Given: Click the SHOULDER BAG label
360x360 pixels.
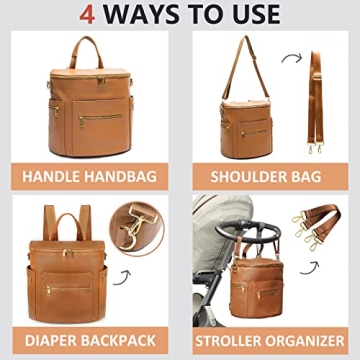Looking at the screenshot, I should [268, 178].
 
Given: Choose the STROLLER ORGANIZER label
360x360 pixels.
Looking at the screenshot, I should [268, 339].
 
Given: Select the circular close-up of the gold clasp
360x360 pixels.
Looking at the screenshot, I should [136, 227].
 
